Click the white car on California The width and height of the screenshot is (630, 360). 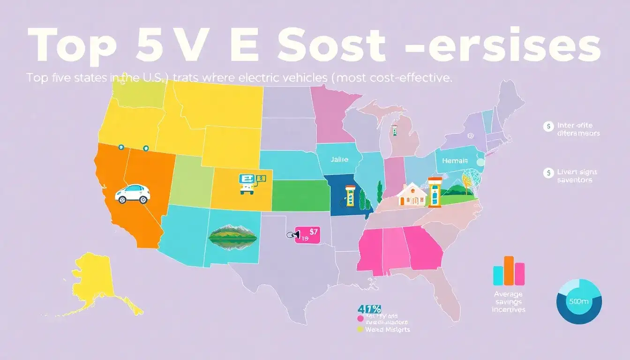coord(133,194)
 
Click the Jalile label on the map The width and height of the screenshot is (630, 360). coord(339,160)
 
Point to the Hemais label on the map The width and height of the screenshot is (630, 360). coord(455,161)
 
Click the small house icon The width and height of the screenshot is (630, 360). coord(412,195)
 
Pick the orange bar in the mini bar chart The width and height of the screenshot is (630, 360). coord(509,271)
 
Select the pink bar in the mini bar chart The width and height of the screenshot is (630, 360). coord(519,274)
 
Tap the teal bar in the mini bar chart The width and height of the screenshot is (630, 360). coord(499,275)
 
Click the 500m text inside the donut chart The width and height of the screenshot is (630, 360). coord(579,302)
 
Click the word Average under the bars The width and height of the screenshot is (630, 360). coord(509,294)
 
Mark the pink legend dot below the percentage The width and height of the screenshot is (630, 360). coord(360,319)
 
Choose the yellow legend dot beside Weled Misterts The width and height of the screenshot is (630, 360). coord(360,329)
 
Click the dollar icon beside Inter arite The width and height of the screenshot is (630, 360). coord(547,126)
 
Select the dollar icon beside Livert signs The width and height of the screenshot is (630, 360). coord(547,173)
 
